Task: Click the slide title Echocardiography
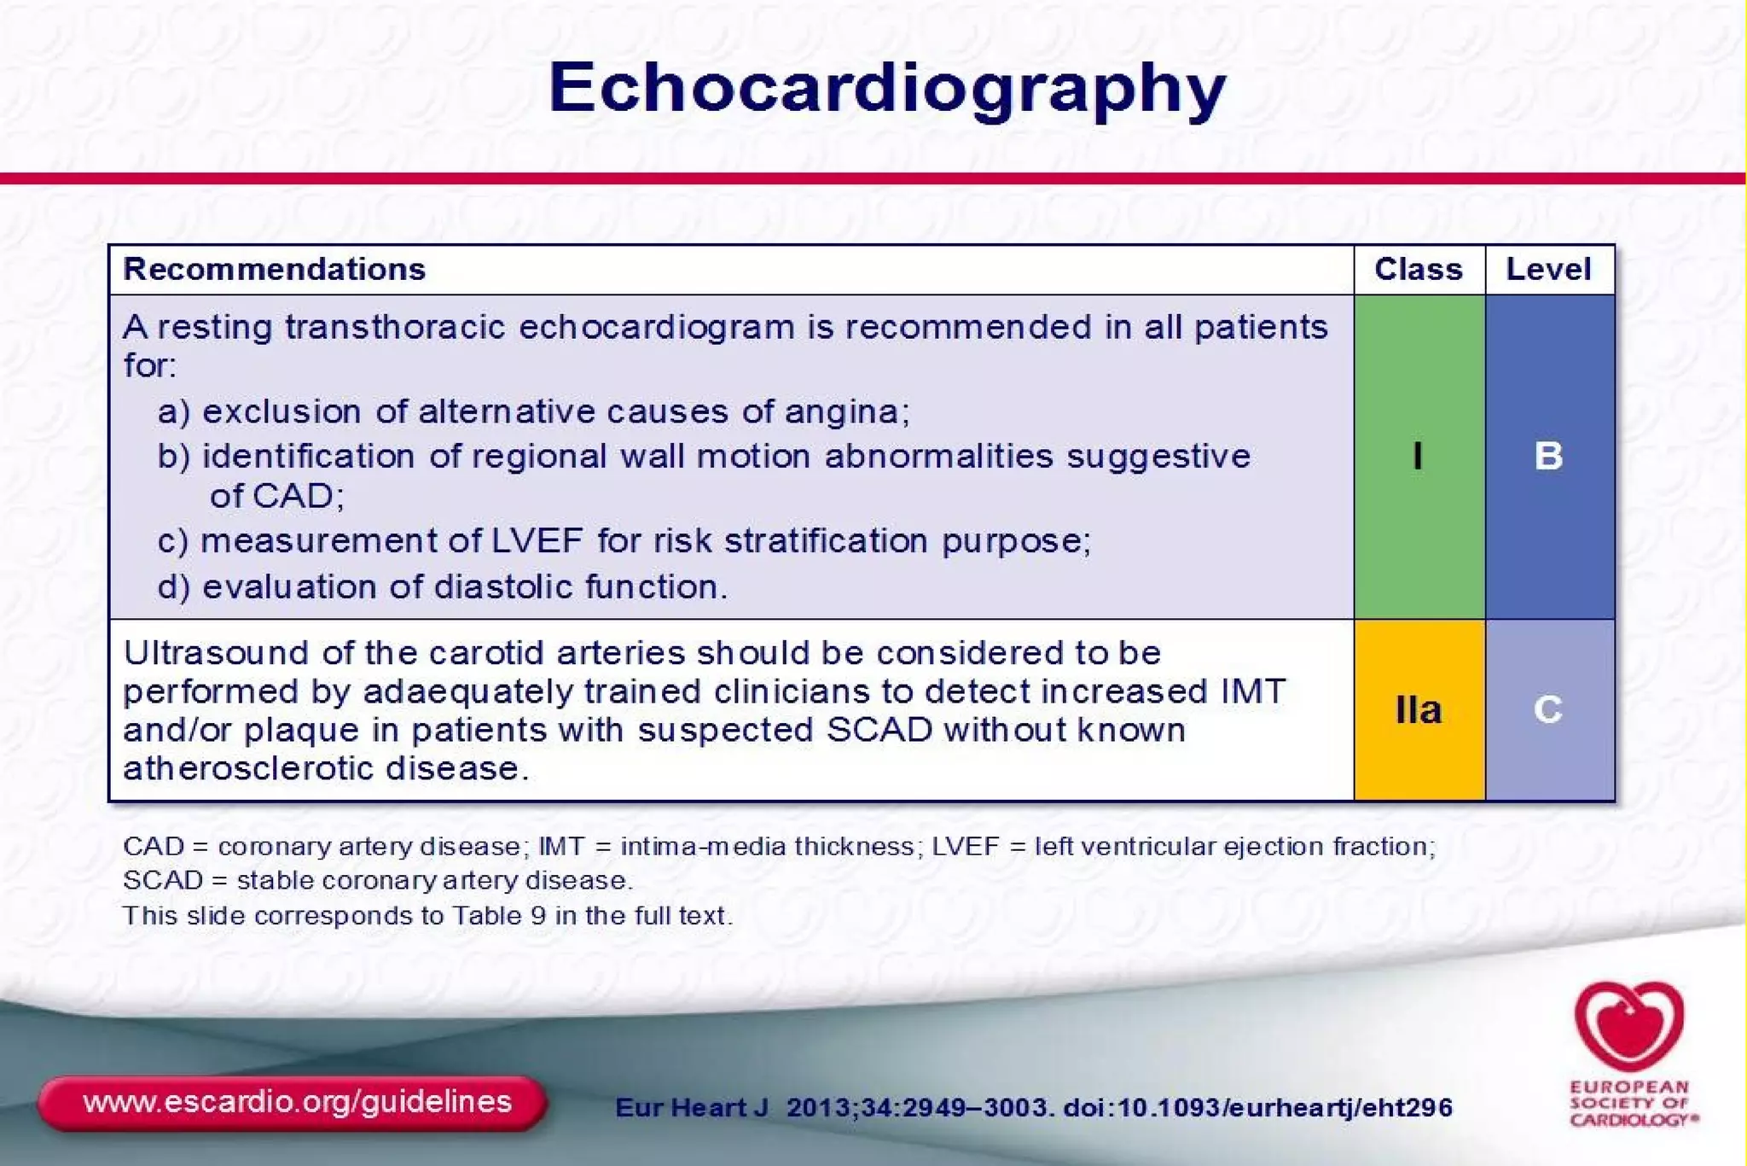click(887, 89)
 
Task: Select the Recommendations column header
click(274, 269)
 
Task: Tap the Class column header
click(1418, 269)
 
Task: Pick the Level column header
click(1548, 269)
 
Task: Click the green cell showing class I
click(1418, 456)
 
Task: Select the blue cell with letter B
click(1548, 456)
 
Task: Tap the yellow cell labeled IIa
click(1418, 709)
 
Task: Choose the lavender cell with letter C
click(1548, 709)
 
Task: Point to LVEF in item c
click(537, 540)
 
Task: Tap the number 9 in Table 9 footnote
click(537, 916)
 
